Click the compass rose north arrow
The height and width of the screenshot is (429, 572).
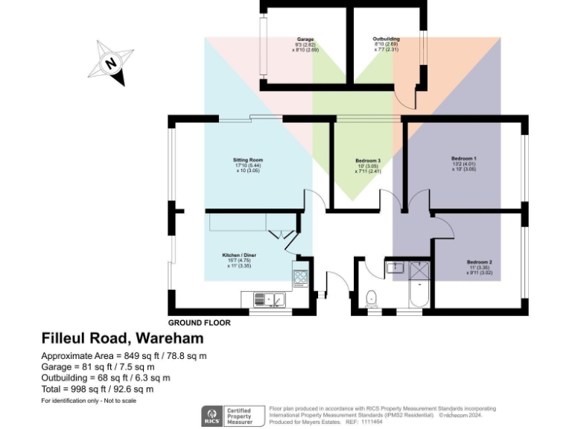(x=111, y=63)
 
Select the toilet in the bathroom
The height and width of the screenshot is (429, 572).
(x=372, y=297)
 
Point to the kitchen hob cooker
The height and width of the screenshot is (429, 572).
(x=302, y=278)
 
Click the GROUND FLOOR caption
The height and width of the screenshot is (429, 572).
(x=199, y=323)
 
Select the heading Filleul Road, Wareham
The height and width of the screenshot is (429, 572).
(x=112, y=339)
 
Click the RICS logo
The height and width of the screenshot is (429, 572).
(x=211, y=416)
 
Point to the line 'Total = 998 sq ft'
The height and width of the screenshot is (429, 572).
(x=97, y=389)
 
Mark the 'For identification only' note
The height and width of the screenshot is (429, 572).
(x=88, y=401)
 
